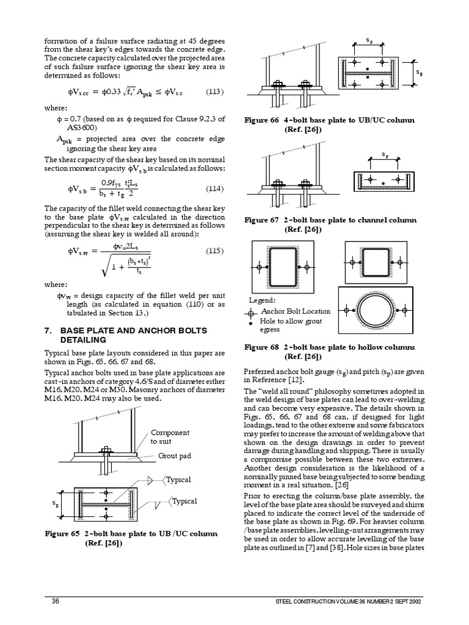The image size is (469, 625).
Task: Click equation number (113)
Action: [214, 92]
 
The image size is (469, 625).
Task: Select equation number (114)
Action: [214, 188]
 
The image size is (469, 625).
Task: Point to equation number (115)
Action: [214, 251]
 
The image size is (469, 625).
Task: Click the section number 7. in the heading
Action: [48, 330]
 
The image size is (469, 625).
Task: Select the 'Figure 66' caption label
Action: [264, 120]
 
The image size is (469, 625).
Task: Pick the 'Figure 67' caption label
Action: [264, 220]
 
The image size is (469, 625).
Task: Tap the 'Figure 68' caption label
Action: [264, 347]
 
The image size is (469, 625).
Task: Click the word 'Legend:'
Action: [262, 300]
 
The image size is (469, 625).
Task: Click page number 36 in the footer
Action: [55, 601]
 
